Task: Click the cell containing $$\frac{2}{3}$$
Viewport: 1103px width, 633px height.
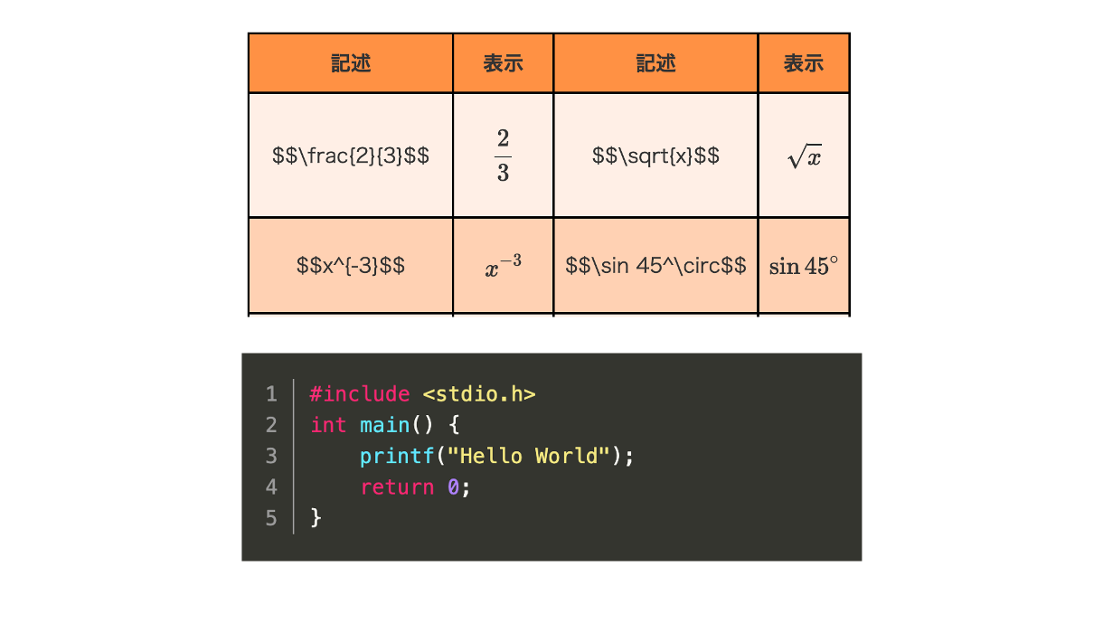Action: [351, 156]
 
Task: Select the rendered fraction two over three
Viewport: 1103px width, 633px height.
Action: [503, 156]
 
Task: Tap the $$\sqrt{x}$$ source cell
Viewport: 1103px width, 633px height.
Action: [655, 156]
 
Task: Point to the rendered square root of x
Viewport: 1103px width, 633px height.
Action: [805, 156]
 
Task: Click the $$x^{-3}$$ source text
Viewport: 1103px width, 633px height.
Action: [351, 266]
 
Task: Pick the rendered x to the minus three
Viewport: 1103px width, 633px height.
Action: [503, 266]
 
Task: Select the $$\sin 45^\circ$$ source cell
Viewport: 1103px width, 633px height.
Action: [655, 266]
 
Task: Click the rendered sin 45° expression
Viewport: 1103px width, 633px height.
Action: [804, 266]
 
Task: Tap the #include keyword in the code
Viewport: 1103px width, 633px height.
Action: [360, 394]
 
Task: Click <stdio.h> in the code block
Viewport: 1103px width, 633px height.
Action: [479, 394]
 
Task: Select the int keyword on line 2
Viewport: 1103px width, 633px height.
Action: [328, 425]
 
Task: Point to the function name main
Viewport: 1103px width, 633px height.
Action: [384, 425]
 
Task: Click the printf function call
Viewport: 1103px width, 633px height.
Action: [397, 457]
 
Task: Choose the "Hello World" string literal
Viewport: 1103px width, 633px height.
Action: [528, 456]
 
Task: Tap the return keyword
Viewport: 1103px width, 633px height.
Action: [398, 487]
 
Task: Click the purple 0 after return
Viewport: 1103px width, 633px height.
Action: [453, 487]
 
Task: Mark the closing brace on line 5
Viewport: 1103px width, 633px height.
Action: [316, 518]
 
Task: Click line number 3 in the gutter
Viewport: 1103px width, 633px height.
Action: [271, 456]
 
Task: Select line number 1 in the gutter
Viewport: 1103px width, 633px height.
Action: [271, 394]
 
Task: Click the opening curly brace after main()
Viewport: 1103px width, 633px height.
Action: [454, 425]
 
